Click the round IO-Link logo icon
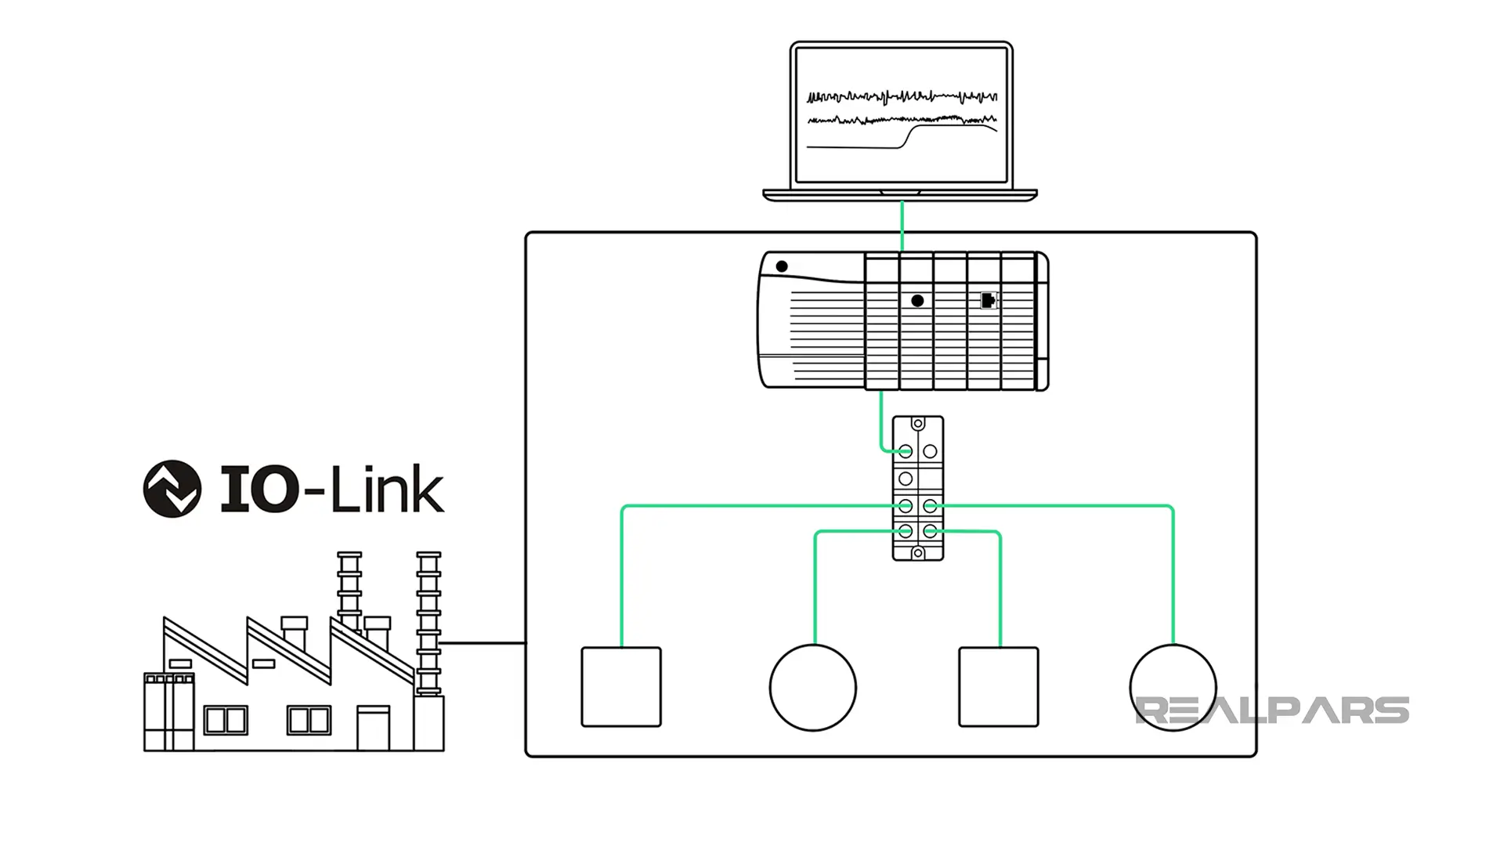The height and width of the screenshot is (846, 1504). pos(172,489)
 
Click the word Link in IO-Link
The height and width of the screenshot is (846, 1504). pos(386,490)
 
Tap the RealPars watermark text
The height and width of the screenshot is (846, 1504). pos(1271,710)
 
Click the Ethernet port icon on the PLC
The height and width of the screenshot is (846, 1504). pos(989,300)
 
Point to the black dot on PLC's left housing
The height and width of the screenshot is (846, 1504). pos(781,266)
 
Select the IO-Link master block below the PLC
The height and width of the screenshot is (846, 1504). pos(917,488)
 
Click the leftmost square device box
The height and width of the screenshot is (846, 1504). pos(621,687)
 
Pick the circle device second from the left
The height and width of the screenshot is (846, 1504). pos(812,688)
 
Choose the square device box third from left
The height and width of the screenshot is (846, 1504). pos(999,687)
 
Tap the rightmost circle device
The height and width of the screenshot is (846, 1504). pos(1173,688)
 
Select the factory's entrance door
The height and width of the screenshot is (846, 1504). pos(373,728)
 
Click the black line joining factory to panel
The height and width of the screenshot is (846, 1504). pos(482,643)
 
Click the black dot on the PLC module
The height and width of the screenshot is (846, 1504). pos(917,301)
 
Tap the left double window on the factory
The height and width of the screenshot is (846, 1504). pos(226,720)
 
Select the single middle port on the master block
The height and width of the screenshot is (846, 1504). pos(906,478)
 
